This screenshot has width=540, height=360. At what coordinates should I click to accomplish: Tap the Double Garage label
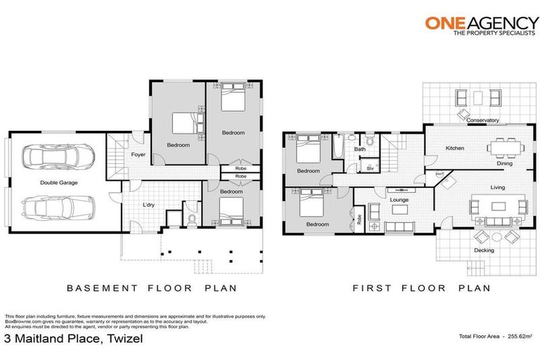(59, 182)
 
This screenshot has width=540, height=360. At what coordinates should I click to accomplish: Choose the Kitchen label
(454, 148)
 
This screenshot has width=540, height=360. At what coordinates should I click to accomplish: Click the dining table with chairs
(506, 146)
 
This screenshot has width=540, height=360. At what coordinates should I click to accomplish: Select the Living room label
(497, 187)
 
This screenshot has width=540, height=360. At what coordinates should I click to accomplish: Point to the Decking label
(484, 250)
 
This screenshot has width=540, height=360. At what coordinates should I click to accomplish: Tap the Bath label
(359, 149)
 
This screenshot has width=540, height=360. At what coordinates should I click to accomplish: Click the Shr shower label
(370, 168)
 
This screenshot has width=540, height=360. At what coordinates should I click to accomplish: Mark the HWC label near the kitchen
(439, 173)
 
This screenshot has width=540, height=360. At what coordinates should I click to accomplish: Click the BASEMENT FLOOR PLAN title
(151, 288)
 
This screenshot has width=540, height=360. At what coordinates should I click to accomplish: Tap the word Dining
(504, 164)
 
